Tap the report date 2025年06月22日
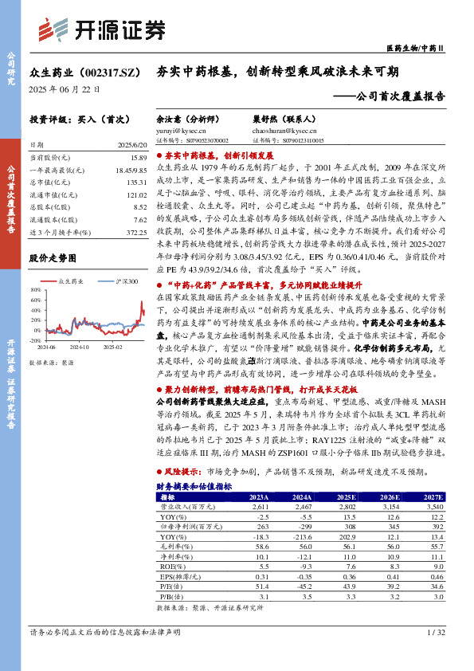pyautogui.click(x=65, y=89)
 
